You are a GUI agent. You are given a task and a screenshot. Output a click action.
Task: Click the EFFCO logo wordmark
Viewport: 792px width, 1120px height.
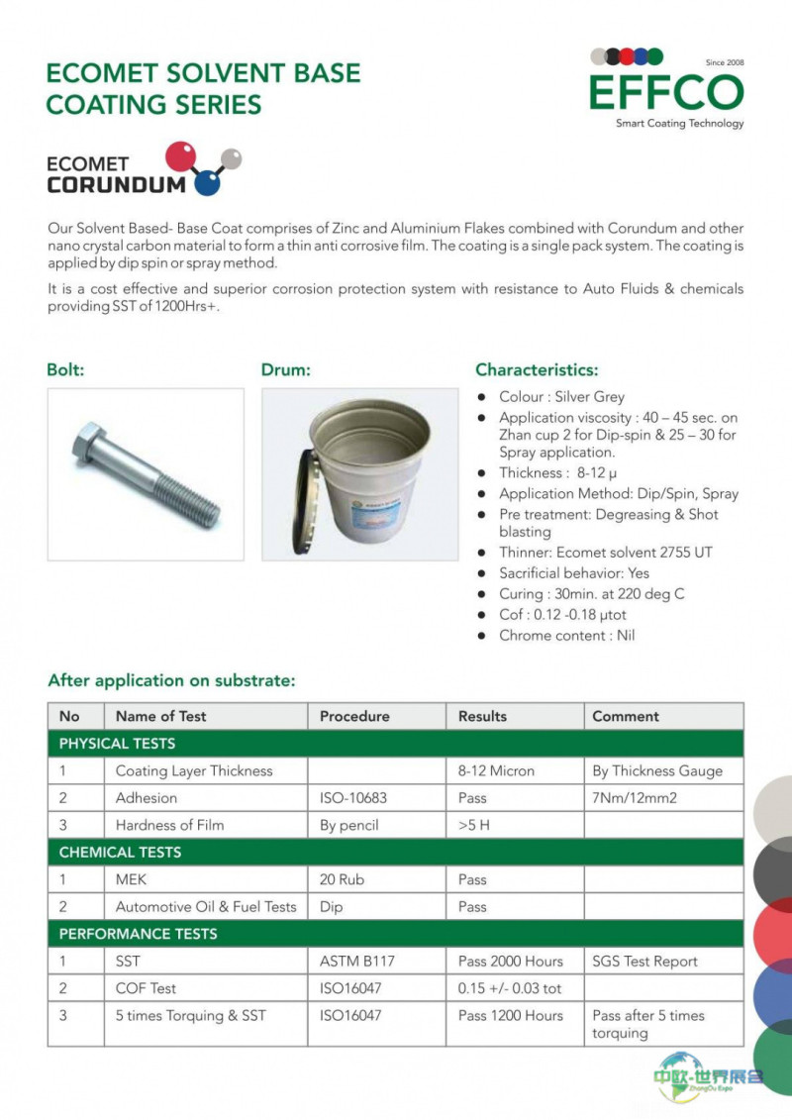tap(665, 92)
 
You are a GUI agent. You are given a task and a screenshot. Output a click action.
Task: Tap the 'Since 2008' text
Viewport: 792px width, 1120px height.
tap(724, 62)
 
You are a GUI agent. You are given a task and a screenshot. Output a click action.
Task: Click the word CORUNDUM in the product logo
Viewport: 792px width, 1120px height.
tap(116, 184)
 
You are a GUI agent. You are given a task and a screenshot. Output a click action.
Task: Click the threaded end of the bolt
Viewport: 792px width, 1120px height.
tap(193, 503)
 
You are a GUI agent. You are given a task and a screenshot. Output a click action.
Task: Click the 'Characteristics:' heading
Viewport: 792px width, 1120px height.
tap(537, 370)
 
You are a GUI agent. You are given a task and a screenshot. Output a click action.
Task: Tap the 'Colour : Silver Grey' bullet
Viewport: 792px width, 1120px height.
tap(561, 397)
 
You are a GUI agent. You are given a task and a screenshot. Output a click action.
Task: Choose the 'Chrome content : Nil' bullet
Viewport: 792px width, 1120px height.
tap(566, 636)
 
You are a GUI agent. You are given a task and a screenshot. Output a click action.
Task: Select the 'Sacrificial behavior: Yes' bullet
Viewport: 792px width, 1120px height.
tap(574, 573)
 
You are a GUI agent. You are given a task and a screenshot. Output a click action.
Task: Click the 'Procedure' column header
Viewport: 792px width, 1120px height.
tap(354, 716)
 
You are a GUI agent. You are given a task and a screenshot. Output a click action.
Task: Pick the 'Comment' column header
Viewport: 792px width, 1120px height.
tap(626, 716)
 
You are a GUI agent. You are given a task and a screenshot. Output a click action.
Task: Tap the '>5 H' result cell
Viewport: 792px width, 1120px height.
tap(474, 825)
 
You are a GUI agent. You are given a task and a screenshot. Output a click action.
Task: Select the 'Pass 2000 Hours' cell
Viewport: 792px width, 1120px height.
tap(510, 962)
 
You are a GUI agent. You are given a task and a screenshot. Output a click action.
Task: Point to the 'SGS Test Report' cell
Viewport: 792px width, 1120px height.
tap(644, 962)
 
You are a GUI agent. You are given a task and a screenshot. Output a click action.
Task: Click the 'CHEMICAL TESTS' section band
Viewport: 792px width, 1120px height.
tap(120, 853)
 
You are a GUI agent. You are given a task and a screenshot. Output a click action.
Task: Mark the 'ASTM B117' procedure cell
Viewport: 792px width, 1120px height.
tap(357, 962)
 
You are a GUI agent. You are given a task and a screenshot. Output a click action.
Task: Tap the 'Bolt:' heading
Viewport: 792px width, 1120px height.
tap(65, 370)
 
